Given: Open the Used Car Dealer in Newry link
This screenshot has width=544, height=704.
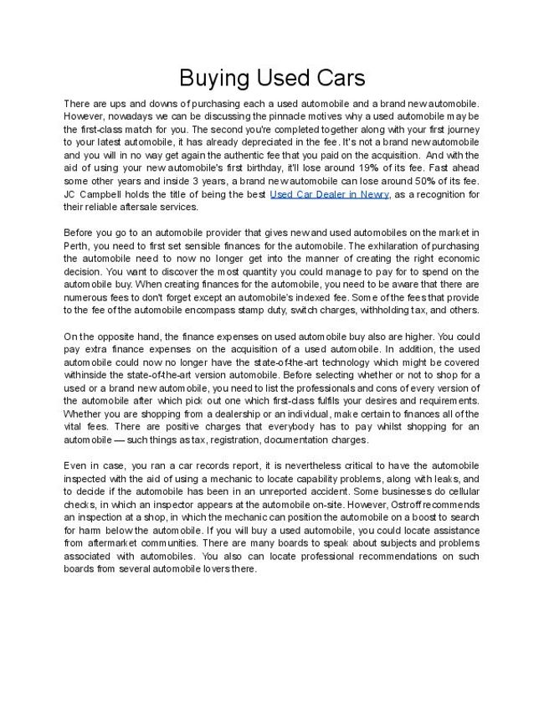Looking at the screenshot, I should click(x=330, y=194).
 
